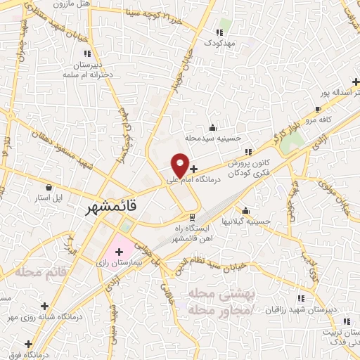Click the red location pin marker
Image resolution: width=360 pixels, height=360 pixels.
point(180,165)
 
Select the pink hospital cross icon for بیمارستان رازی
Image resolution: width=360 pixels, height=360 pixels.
point(119,251)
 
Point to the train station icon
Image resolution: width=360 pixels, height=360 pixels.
point(191,217)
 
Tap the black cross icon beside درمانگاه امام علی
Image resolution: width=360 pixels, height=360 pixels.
point(194,169)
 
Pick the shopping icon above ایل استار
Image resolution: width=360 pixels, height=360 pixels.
point(49,188)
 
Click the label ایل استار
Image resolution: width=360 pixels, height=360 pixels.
point(49,198)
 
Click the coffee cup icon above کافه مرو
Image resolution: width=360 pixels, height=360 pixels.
point(318,110)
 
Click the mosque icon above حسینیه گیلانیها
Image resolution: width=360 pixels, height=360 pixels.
point(245,211)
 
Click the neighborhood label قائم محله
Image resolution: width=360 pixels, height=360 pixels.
point(43,271)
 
